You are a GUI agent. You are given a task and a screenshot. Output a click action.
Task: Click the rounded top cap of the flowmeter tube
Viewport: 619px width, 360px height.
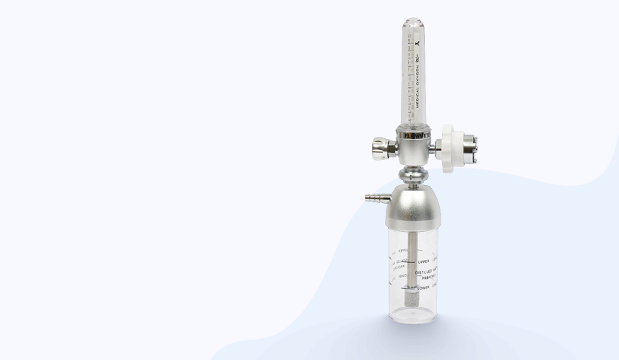(412, 24)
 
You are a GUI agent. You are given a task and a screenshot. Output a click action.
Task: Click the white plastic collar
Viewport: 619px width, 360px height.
(448, 150)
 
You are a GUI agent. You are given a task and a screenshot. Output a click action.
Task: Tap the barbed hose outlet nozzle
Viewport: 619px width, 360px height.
(374, 197)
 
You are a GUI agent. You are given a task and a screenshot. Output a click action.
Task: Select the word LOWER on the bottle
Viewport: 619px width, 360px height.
(424, 288)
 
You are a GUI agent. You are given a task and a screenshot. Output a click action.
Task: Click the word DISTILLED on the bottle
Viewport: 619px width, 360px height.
(423, 271)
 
